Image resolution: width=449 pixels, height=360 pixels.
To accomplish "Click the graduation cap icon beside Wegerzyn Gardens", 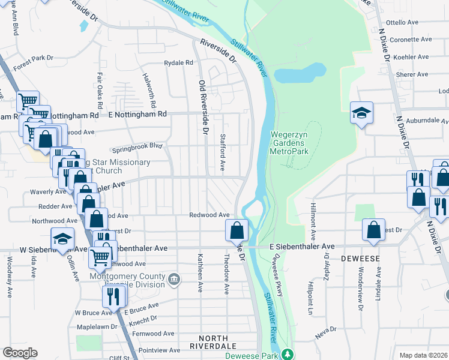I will pyautogui.click(x=361, y=113).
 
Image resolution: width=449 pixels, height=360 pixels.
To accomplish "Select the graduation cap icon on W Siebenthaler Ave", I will pyautogui.click(x=62, y=239).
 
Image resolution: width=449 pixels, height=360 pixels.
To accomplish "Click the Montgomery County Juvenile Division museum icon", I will pyautogui.click(x=174, y=278).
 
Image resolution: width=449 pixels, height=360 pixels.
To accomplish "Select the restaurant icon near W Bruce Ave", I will pyautogui.click(x=112, y=295).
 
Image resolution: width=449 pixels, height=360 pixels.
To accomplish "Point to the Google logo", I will pyautogui.click(x=20, y=353).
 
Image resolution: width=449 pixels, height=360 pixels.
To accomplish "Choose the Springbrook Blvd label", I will pyautogui.click(x=137, y=146).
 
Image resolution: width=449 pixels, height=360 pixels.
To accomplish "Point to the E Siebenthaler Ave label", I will pyautogui.click(x=302, y=246).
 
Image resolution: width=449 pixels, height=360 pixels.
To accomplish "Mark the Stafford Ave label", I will pyautogui.click(x=222, y=152).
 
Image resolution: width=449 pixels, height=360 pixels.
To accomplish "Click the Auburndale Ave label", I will pyautogui.click(x=427, y=120).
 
